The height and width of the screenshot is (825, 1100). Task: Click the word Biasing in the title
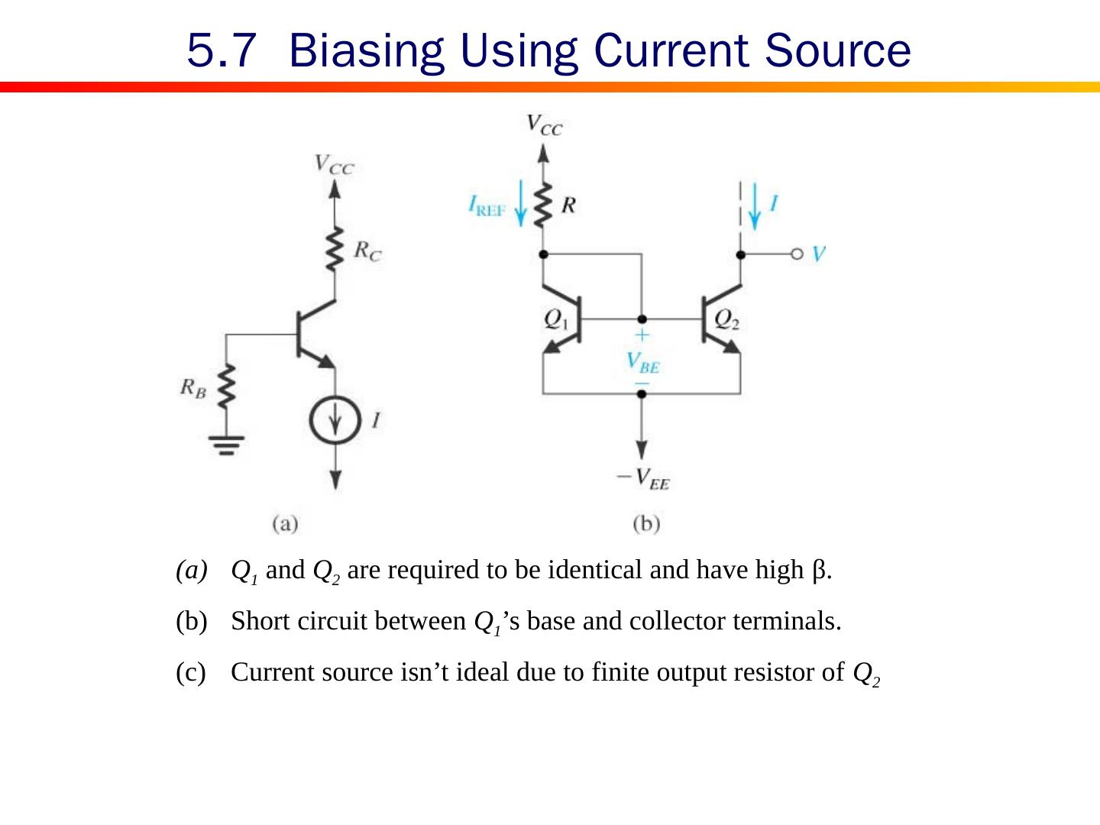[367, 50]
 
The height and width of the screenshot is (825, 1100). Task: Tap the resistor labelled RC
[334, 249]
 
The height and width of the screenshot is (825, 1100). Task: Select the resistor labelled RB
[226, 388]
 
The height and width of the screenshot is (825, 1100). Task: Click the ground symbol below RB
[226, 444]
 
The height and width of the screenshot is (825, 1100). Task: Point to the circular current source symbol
[335, 421]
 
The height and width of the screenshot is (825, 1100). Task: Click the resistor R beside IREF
[543, 205]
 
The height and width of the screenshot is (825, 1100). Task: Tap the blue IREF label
[487, 206]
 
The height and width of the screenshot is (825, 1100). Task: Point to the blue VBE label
[642, 361]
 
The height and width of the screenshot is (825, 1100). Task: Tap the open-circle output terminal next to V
[797, 254]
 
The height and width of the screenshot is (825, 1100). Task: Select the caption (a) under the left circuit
[285, 524]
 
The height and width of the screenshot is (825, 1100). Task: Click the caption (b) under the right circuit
[646, 524]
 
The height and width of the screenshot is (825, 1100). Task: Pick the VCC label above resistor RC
[334, 164]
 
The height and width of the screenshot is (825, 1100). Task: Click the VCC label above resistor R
[544, 125]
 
